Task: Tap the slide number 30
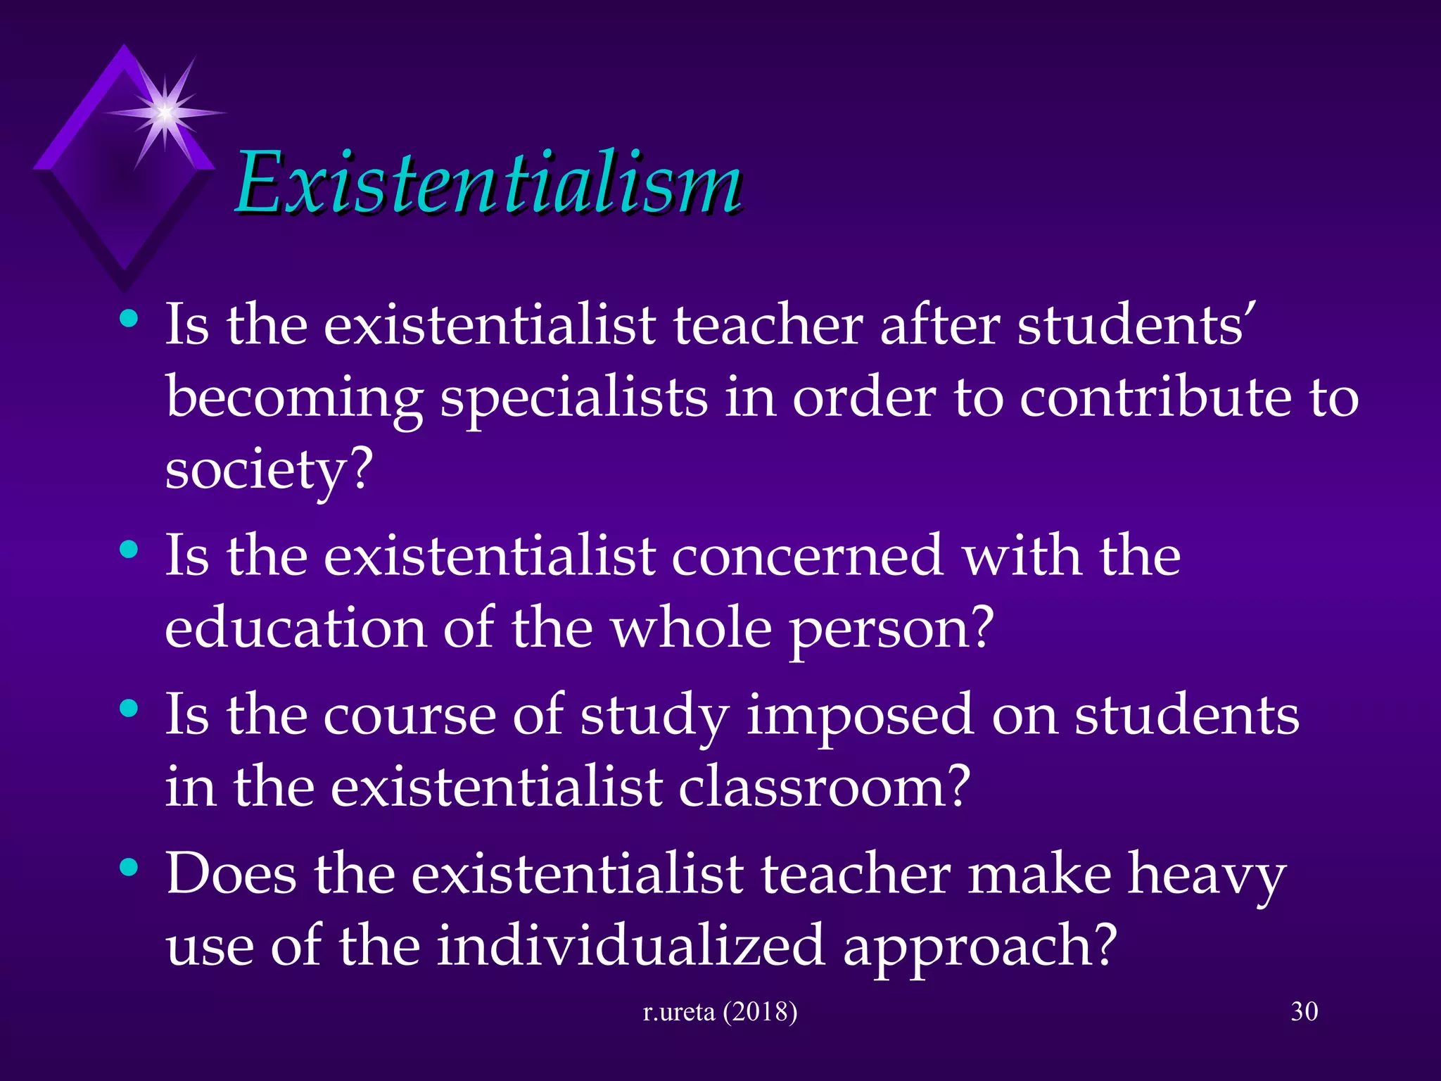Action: [1304, 1011]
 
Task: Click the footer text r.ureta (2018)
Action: [720, 1011]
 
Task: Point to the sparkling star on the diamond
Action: [165, 112]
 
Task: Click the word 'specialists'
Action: [573, 398]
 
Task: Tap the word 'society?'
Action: [268, 470]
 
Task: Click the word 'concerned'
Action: [807, 556]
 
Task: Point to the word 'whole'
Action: [691, 628]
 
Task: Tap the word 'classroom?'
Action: [824, 787]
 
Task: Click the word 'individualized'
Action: [630, 945]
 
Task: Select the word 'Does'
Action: [231, 874]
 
